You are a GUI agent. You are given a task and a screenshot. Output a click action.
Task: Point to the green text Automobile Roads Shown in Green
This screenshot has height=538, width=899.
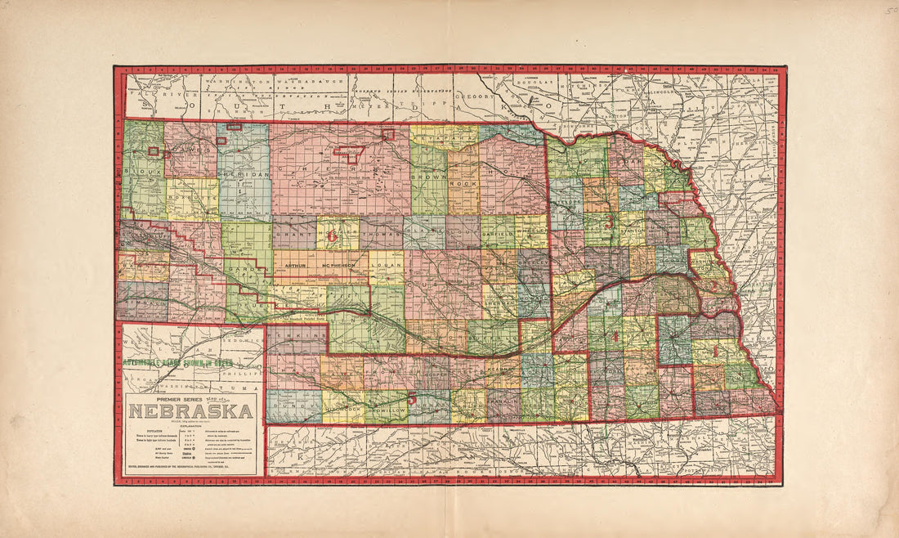(x=177, y=361)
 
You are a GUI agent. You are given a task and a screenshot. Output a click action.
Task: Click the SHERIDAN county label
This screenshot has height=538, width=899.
(x=243, y=175)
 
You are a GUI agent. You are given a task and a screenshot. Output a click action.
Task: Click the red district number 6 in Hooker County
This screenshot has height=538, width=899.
(x=332, y=235)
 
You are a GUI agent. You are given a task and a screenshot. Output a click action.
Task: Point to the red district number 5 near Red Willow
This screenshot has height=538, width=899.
(x=413, y=399)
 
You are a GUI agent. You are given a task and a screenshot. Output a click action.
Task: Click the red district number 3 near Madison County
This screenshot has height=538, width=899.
(x=609, y=221)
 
